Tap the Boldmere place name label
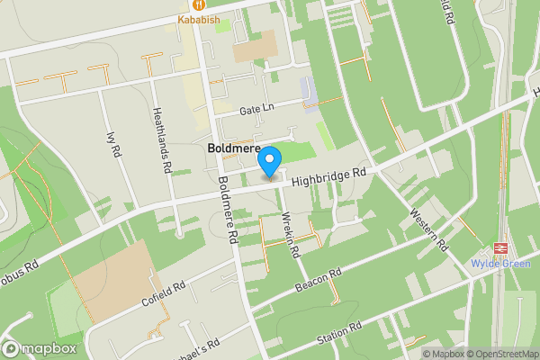pos(234,148)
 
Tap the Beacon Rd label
pos(319,280)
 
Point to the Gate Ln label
pos(256,108)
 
